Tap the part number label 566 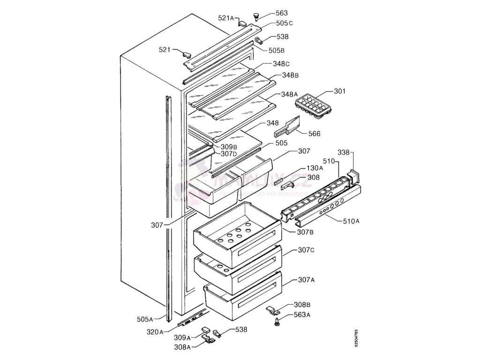coord(314,134)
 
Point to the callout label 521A coord(226,18)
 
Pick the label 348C coord(281,64)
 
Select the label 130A coord(315,168)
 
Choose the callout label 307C coord(306,250)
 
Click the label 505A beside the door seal coord(145,319)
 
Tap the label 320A coord(155,332)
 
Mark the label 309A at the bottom coord(182,337)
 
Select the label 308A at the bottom coord(182,347)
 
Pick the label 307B coord(305,232)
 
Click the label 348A coord(290,94)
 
